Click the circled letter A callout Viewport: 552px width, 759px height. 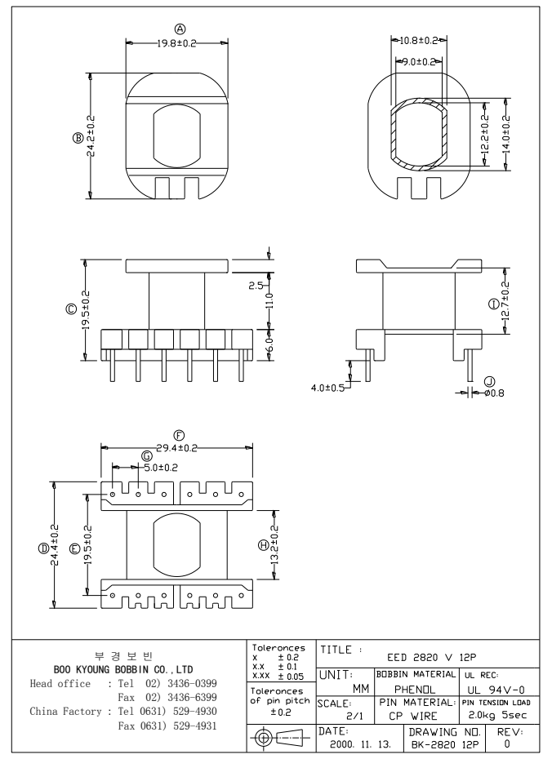coord(176,31)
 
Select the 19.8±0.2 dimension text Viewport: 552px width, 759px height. coord(176,43)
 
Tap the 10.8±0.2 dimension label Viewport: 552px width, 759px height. coord(421,40)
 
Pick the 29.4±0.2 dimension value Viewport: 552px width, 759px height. coord(176,447)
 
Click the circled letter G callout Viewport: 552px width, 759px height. coord(147,455)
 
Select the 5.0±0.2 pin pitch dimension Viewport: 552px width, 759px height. coord(160,467)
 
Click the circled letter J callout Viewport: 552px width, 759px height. coord(489,380)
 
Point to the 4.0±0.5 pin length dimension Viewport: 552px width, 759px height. coord(326,387)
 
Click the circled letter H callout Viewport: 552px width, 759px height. coord(262,545)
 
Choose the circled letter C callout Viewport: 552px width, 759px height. coord(72,309)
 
